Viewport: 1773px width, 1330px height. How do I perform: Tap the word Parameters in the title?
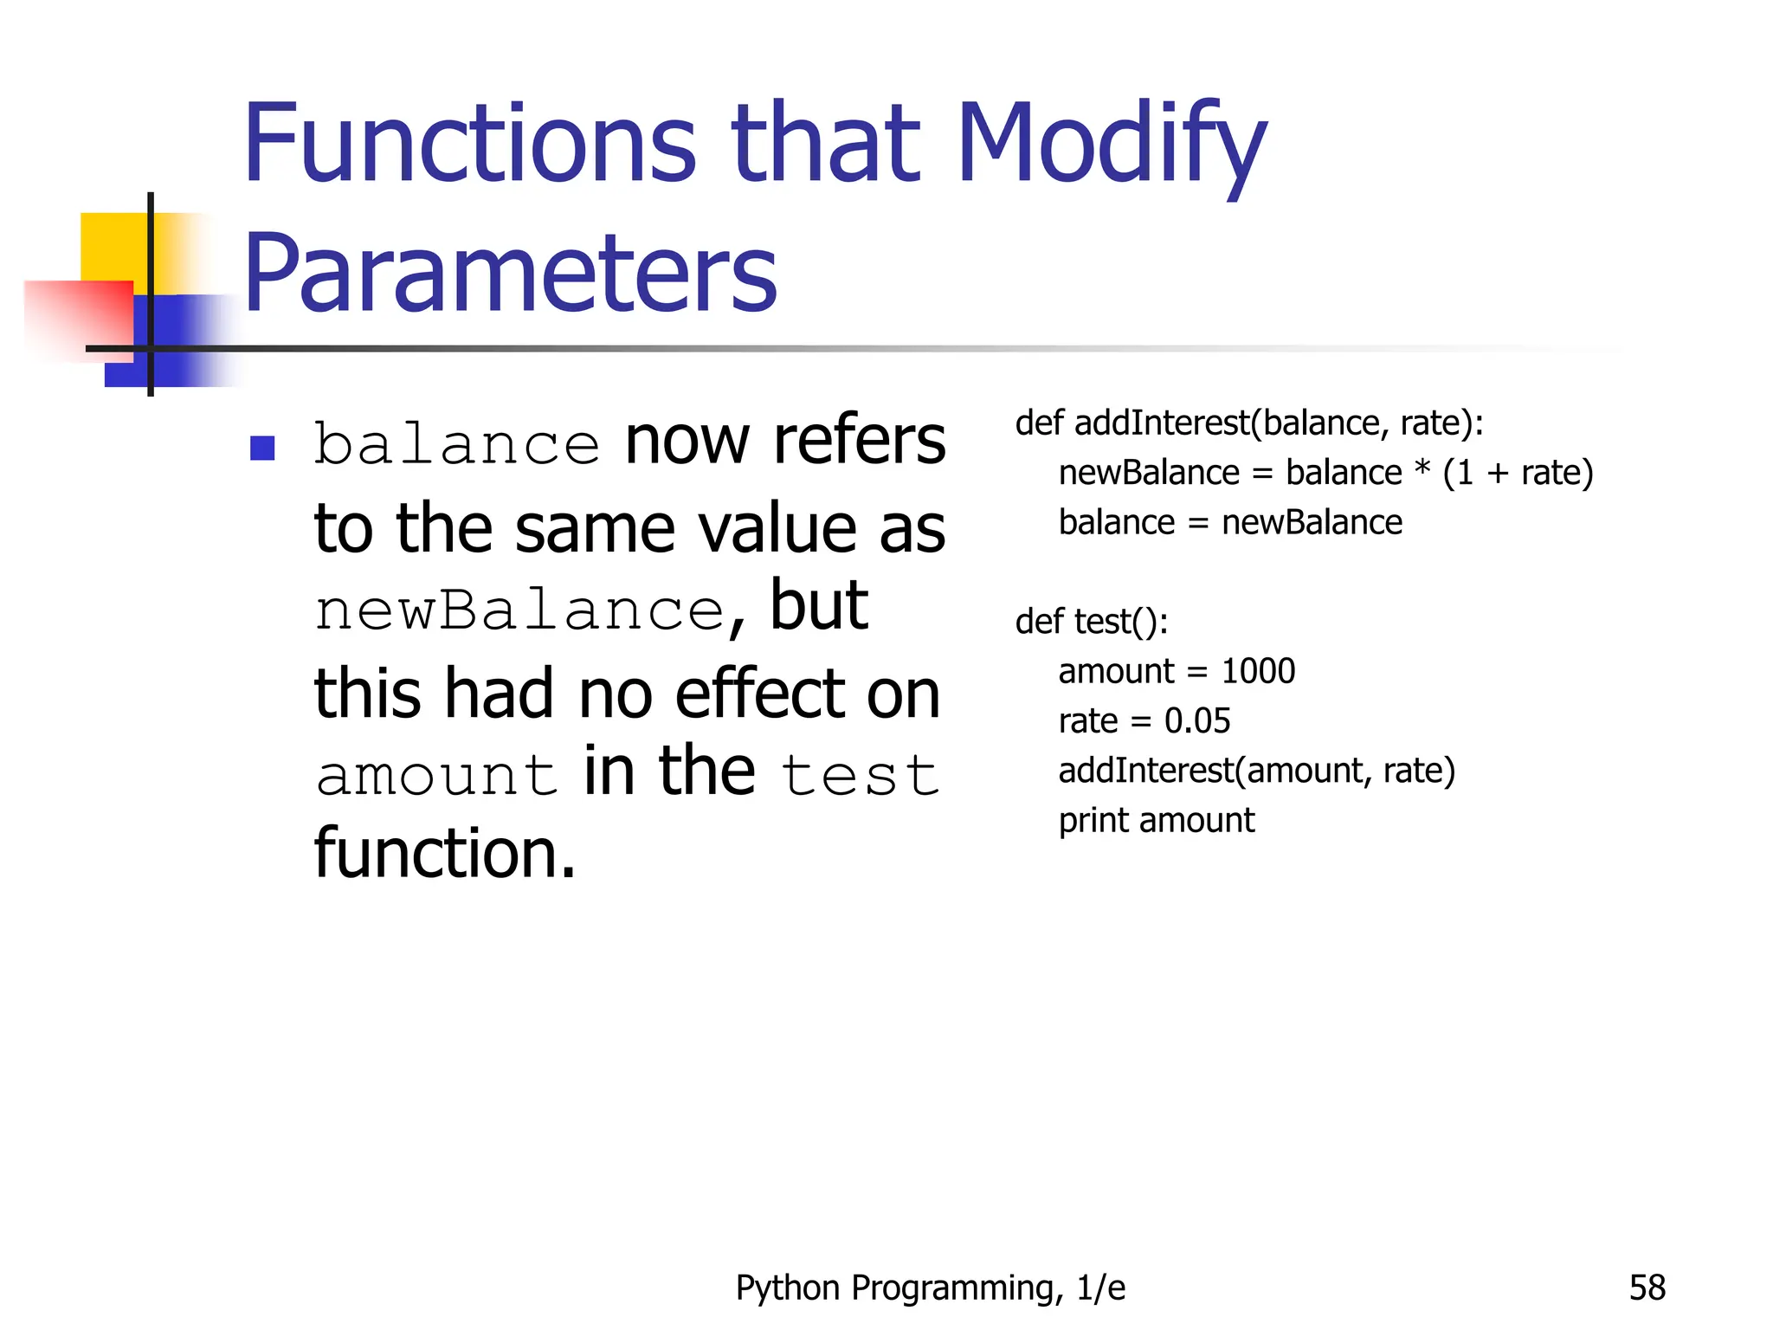(x=511, y=273)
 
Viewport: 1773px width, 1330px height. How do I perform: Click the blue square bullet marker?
(x=262, y=448)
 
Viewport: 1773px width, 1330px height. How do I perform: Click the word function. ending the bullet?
(x=445, y=853)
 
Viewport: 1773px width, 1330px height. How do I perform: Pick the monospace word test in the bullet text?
(x=860, y=775)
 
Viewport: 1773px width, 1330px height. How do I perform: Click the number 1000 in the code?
(x=1258, y=671)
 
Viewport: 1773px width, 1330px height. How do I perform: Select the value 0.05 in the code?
(x=1197, y=721)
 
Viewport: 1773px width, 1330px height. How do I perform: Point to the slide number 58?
(x=1647, y=1288)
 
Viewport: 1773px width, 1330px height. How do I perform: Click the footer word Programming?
(x=957, y=1288)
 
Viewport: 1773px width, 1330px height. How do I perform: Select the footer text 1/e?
(x=1101, y=1288)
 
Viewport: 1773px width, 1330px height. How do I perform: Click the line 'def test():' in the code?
(x=1091, y=622)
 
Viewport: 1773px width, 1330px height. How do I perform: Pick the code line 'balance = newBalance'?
(x=1229, y=523)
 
